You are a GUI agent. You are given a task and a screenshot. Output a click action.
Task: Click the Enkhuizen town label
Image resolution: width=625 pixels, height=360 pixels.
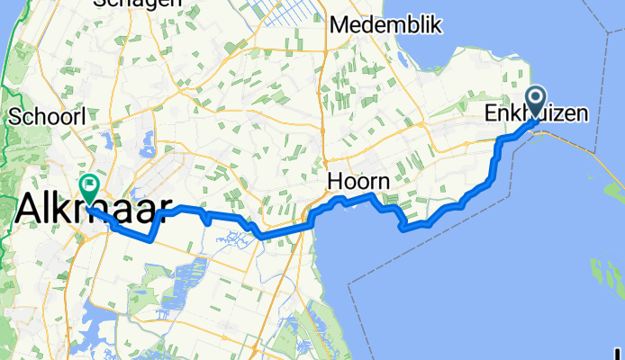[x=538, y=114]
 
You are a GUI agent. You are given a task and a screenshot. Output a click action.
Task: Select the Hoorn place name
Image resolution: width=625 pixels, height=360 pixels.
[x=358, y=182]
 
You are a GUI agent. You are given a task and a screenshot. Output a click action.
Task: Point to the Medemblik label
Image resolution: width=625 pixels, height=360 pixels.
[x=385, y=25]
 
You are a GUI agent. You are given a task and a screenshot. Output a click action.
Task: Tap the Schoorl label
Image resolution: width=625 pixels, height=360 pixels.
[x=47, y=117]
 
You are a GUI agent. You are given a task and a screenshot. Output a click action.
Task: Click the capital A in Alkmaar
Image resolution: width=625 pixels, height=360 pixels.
[x=31, y=210]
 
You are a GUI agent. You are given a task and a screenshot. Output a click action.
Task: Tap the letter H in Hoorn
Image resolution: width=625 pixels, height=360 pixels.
[x=335, y=182]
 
